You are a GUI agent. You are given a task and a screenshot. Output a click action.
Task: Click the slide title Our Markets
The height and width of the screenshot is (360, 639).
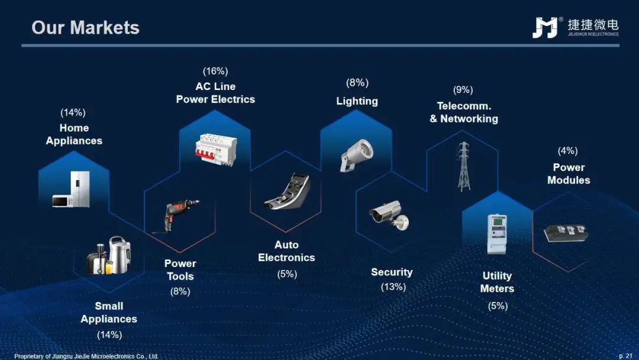point(86,28)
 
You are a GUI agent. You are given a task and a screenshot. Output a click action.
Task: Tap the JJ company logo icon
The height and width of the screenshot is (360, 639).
point(546,27)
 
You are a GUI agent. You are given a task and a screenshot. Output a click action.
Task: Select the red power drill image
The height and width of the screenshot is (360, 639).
point(175,216)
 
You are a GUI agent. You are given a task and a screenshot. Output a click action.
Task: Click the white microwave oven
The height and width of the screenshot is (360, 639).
point(62,201)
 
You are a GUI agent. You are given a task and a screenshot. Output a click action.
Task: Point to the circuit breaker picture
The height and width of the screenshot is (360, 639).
point(216,149)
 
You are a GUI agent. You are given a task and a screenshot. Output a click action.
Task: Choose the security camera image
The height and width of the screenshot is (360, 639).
point(389,216)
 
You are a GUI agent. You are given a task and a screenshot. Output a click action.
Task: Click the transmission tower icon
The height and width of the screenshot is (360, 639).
point(463,166)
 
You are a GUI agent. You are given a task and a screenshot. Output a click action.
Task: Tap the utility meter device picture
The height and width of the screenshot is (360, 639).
point(497,234)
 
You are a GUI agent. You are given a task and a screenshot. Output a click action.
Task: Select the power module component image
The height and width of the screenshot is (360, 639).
point(566,233)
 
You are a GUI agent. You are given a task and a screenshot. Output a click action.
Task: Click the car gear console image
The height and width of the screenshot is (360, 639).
point(288,191)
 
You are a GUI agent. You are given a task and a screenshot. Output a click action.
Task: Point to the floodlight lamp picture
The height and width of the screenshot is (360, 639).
point(356,155)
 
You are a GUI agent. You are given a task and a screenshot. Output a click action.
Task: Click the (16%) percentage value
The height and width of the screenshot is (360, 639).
point(215,71)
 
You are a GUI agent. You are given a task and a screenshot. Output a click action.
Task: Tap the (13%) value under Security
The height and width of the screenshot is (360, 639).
point(393,287)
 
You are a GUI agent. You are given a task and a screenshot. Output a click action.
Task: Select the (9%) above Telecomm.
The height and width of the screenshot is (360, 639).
point(463,89)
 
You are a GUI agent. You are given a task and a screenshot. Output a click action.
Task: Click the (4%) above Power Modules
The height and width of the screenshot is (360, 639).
point(567,151)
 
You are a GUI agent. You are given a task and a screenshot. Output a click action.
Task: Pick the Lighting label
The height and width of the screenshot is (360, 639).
point(357,101)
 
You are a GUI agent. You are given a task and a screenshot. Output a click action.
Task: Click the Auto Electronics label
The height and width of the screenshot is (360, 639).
point(286,251)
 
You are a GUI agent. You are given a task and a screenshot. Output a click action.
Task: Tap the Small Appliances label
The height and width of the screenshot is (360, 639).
point(109,312)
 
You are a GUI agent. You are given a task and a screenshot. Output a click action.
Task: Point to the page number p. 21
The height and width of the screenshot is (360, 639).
point(625,356)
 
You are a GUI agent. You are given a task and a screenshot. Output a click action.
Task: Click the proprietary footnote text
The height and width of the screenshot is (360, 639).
point(86,356)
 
